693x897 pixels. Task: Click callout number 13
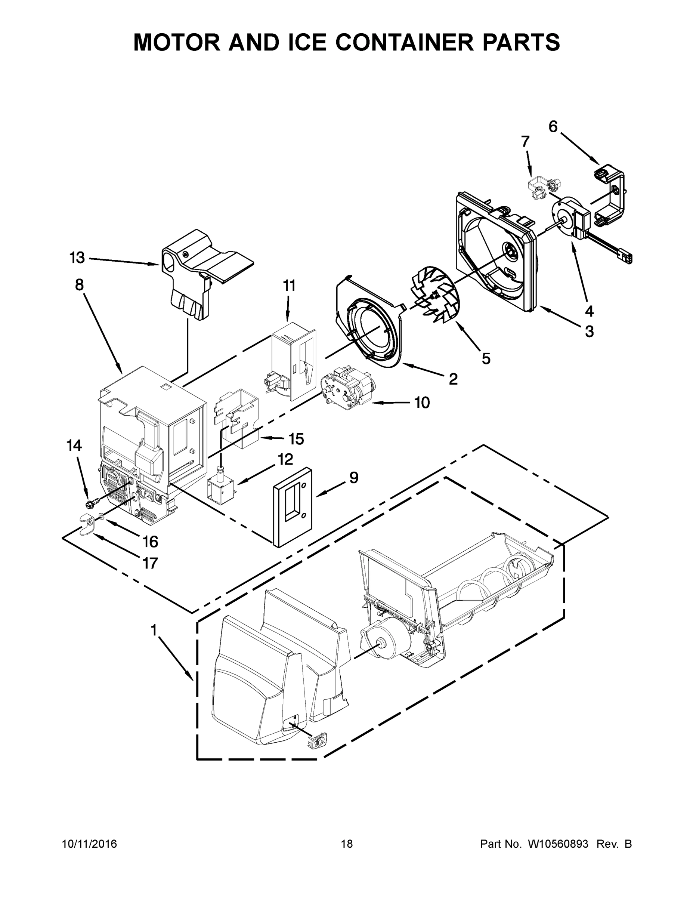coord(77,258)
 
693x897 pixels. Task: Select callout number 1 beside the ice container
coord(154,630)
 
